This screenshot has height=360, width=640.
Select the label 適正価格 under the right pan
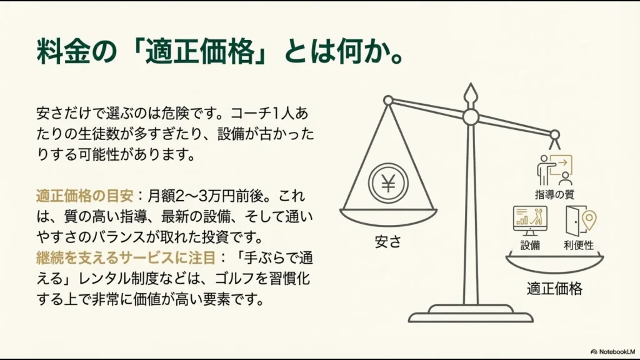[554, 289]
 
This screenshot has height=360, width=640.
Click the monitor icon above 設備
[529, 220]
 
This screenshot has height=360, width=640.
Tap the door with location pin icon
[581, 220]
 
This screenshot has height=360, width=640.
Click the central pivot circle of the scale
[470, 117]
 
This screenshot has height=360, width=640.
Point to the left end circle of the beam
[388, 100]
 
